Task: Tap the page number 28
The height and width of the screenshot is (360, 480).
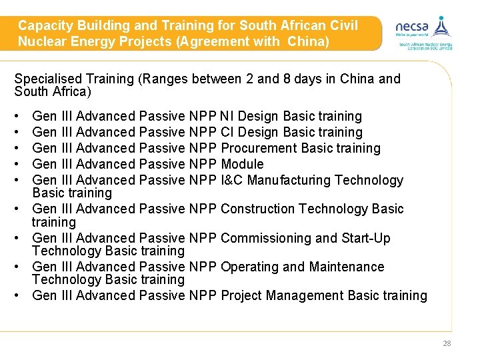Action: [x=447, y=343]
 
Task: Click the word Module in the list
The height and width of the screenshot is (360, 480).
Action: [x=242, y=164]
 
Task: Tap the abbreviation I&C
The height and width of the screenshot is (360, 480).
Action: [x=234, y=180]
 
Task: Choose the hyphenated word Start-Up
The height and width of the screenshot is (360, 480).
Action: [x=367, y=238]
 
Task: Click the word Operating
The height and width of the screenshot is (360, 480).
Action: [x=249, y=267]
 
